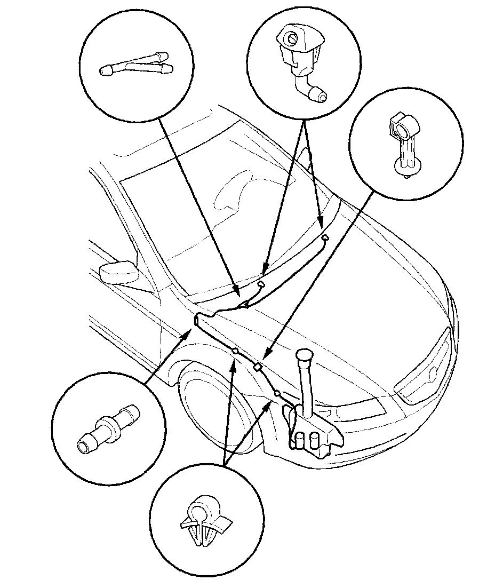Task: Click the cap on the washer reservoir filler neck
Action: coord(305,355)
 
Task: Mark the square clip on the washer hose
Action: coord(257,367)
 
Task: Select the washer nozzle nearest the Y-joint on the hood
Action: coord(261,284)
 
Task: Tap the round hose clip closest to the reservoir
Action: coord(277,394)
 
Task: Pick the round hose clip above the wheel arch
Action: coord(235,351)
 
